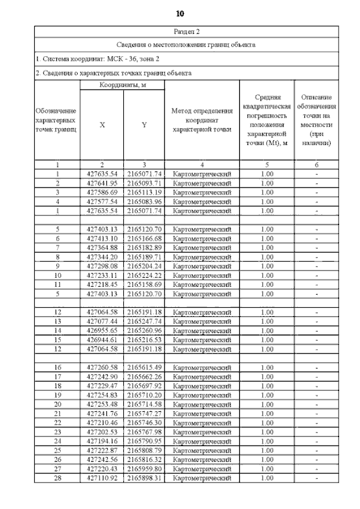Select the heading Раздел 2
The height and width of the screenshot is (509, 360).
click(x=186, y=31)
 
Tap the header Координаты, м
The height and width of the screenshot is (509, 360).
click(x=122, y=85)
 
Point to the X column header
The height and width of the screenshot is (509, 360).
click(x=102, y=125)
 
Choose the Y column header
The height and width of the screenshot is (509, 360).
click(x=144, y=125)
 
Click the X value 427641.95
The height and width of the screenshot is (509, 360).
click(x=102, y=183)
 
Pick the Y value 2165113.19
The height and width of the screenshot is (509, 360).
click(x=144, y=192)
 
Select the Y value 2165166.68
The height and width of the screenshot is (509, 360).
click(x=144, y=238)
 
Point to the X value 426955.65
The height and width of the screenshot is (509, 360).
click(x=102, y=331)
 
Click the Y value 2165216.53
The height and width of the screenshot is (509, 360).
click(x=144, y=340)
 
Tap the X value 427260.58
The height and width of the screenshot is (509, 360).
click(x=102, y=367)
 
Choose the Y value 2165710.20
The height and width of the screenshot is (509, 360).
click(x=144, y=395)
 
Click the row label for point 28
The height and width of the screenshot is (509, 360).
click(x=57, y=478)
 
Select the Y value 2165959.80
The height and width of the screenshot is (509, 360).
click(x=144, y=469)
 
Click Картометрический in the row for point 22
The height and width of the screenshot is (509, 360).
click(x=201, y=422)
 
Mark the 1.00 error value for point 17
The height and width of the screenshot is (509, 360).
click(x=267, y=376)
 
